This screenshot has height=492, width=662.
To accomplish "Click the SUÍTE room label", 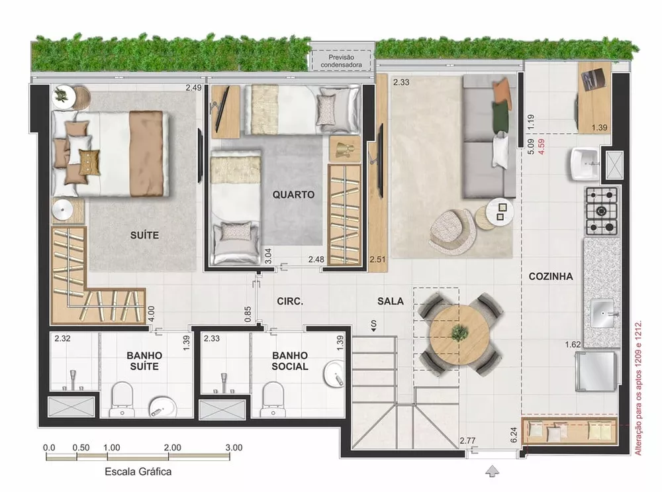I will [145, 234].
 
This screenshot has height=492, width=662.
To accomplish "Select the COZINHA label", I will [551, 277].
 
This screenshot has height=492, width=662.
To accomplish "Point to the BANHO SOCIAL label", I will [289, 361].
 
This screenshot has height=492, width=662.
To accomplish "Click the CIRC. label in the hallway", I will [290, 301].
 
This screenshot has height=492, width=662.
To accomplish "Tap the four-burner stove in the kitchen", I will [601, 211].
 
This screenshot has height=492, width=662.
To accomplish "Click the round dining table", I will [456, 331].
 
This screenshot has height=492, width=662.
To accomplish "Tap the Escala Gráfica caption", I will [138, 472].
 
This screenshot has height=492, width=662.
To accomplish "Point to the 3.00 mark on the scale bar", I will [234, 448].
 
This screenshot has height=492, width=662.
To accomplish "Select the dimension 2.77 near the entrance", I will [468, 440].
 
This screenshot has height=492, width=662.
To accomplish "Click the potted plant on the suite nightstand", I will [61, 95].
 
